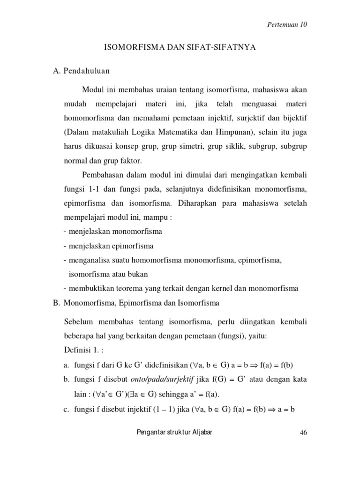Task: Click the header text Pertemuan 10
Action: click(x=286, y=25)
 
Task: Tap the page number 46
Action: click(x=302, y=433)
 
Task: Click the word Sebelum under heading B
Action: click(x=78, y=322)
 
